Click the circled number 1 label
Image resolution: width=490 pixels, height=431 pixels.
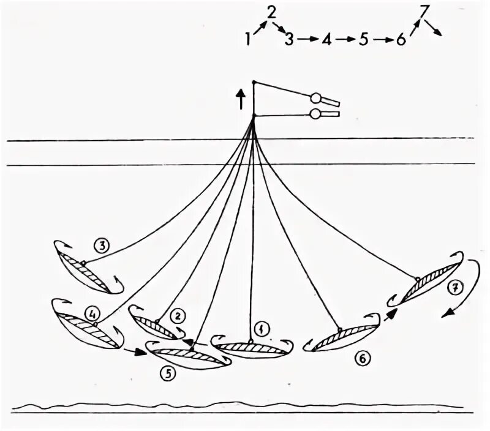pyautogui.click(x=262, y=329)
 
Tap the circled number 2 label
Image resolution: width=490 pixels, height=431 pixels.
pyautogui.click(x=177, y=316)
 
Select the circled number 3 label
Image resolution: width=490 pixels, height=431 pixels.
pyautogui.click(x=102, y=246)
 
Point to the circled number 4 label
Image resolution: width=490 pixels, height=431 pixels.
pyautogui.click(x=92, y=315)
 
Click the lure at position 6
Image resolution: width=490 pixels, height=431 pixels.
pyautogui.click(x=336, y=338)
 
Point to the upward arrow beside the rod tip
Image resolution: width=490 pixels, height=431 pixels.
pyautogui.click(x=241, y=97)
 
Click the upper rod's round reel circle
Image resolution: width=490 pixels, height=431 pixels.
pyautogui.click(x=316, y=97)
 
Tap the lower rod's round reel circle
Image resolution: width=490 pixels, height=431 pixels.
pyautogui.click(x=315, y=113)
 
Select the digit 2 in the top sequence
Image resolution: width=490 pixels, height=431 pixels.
pyautogui.click(x=271, y=12)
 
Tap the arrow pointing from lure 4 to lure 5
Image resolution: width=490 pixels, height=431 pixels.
pyautogui.click(x=134, y=352)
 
